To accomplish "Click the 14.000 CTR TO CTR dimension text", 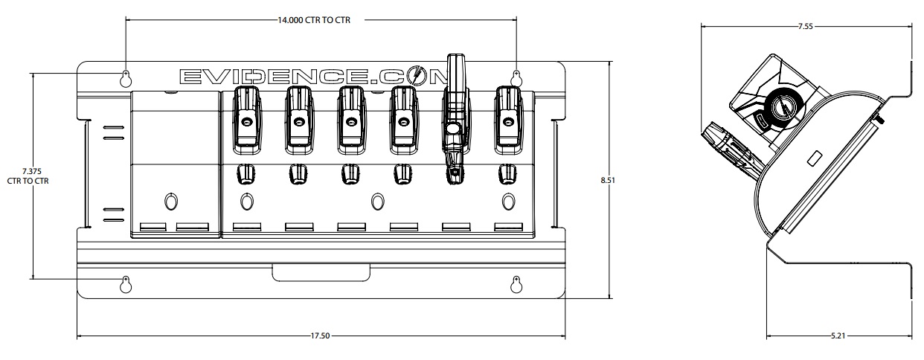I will point(313,21).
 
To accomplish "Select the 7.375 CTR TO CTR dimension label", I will point(28,176).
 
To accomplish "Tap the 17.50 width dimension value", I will point(320,336).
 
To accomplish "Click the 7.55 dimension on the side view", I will point(804,26).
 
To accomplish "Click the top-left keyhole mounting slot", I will point(126,77).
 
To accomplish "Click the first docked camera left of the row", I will point(246,117).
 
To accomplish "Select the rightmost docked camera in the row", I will point(507,117).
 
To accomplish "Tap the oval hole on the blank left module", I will point(170,202).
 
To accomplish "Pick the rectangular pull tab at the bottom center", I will point(320,272).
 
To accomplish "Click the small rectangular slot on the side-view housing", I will point(812,158).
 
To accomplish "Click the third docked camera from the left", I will point(350,117).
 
